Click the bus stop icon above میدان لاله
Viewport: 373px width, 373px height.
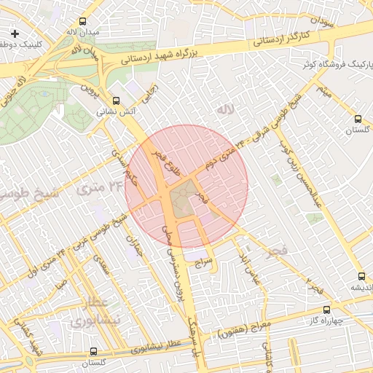click(x=82, y=22)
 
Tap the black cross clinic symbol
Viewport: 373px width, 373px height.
click(x=15, y=34)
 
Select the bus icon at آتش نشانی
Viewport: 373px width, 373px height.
click(x=116, y=101)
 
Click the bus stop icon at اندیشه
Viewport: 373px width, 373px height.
click(x=361, y=276)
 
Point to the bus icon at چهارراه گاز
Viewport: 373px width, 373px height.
click(x=326, y=310)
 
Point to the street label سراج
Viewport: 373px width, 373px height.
click(x=203, y=259)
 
